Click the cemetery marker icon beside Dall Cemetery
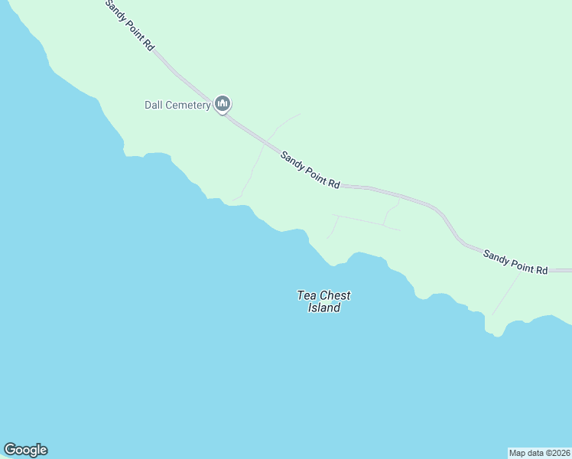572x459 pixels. [x=223, y=103]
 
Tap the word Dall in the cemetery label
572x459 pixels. [x=154, y=105]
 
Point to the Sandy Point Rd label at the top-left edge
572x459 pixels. [x=130, y=25]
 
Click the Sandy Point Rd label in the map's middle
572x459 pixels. [x=310, y=170]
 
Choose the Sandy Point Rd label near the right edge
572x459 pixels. [x=515, y=262]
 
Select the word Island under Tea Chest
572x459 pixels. [x=323, y=308]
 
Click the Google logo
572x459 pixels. [x=25, y=450]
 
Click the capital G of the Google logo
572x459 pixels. [x=10, y=450]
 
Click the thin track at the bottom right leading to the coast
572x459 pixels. [x=505, y=295]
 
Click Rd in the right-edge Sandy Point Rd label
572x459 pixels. [x=541, y=269]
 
